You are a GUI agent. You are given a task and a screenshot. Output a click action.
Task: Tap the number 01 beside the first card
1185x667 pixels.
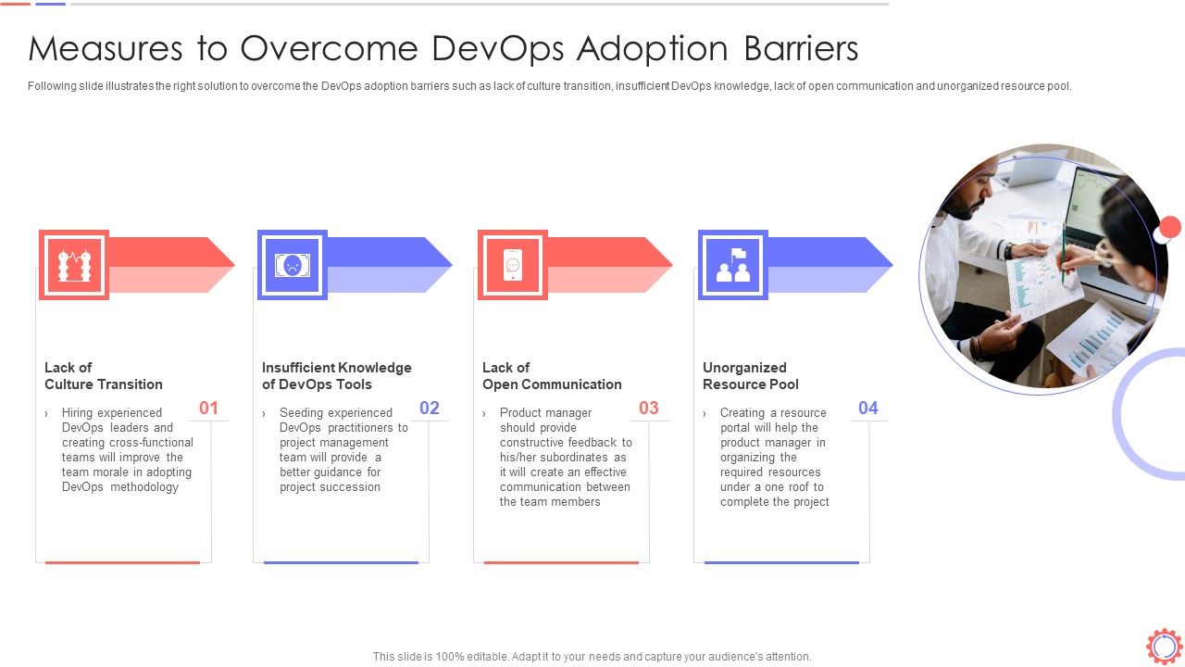pos(209,408)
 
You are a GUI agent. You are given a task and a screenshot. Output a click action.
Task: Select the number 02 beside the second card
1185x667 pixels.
pos(430,408)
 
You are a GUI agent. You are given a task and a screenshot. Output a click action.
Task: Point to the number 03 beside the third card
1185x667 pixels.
pos(649,408)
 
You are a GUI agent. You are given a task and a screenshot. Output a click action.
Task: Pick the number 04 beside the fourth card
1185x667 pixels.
pos(868,408)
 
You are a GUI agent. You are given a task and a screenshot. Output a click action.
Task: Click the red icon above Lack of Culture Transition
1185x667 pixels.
pos(74,265)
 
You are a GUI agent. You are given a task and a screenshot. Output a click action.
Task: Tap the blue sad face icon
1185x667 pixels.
pos(293,265)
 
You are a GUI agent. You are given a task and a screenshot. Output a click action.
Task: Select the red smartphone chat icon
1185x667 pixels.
pos(512,265)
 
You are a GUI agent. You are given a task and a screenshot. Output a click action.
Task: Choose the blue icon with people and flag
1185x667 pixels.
pos(732,265)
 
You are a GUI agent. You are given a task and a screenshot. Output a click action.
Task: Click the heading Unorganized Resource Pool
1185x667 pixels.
pos(750,376)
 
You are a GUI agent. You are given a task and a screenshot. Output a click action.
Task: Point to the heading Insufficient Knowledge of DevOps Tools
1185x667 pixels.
pos(336,376)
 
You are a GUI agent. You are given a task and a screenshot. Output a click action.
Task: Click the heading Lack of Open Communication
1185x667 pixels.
pos(552,376)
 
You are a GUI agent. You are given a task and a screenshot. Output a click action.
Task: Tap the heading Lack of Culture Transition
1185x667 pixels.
pos(104,376)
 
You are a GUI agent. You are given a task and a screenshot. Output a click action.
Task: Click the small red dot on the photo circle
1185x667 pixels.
pos(1170,227)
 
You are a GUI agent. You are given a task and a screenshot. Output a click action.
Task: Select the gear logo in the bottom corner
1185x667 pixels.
pos(1164,646)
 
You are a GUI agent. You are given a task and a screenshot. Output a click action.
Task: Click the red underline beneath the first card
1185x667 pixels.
pos(122,562)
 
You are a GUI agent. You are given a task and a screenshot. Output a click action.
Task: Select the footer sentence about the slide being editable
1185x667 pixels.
pos(592,656)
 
